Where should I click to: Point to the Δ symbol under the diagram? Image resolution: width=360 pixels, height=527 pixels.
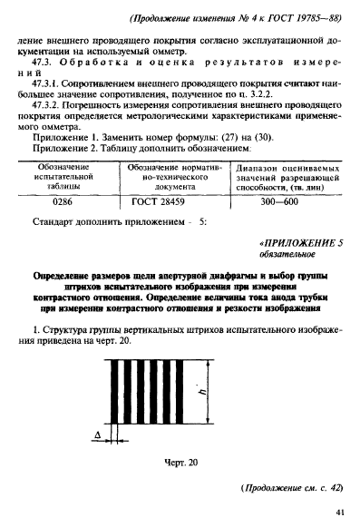(96, 436)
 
